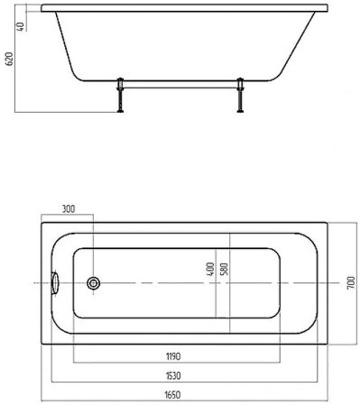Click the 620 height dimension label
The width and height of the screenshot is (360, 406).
10,59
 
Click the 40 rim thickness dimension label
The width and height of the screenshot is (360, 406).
20,26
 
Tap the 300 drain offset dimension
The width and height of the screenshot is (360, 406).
69,209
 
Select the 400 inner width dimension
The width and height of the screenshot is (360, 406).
211,269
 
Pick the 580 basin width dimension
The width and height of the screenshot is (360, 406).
225,269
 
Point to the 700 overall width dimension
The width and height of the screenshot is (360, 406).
351,283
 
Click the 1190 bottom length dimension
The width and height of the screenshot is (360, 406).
173,356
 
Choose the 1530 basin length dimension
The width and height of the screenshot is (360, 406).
173,376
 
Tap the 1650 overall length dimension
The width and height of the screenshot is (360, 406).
173,395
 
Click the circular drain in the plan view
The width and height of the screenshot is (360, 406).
93,283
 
